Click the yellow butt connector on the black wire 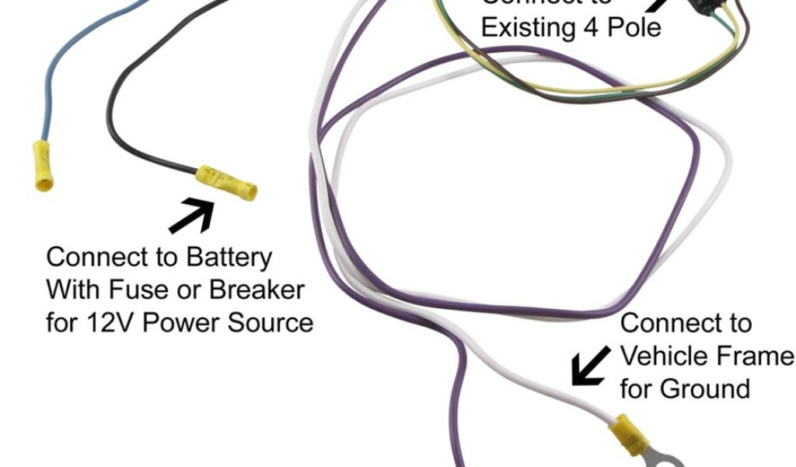[x=227, y=182]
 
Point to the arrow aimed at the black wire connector [x=192, y=216]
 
